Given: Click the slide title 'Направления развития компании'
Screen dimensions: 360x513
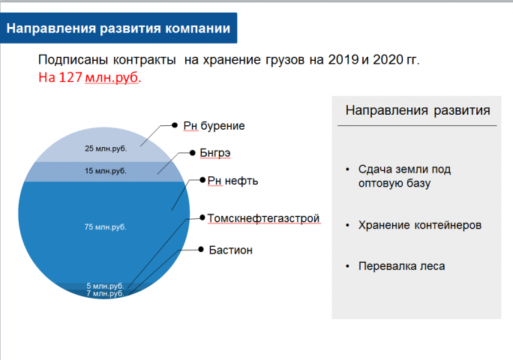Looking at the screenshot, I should pos(118,29).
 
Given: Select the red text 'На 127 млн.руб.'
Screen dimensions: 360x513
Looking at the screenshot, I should pos(89,76).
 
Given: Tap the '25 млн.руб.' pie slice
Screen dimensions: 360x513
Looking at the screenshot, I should pos(106,148).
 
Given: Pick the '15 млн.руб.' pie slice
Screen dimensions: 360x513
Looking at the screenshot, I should pos(106,171).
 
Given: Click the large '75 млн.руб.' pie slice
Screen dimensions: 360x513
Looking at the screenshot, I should pos(106,226).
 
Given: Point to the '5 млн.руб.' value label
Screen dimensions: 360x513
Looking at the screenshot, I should pos(104,286).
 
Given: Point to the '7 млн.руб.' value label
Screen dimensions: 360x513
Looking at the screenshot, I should pos(104,293).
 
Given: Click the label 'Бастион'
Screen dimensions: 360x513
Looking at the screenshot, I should pos(230,249).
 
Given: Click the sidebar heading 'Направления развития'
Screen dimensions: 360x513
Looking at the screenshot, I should pos(418,110).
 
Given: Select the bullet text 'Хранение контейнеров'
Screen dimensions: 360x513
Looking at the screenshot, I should pos(420,225).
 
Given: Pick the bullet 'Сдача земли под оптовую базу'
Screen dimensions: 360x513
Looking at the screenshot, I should pos(404,175).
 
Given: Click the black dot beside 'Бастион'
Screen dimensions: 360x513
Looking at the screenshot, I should pos(202,249).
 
